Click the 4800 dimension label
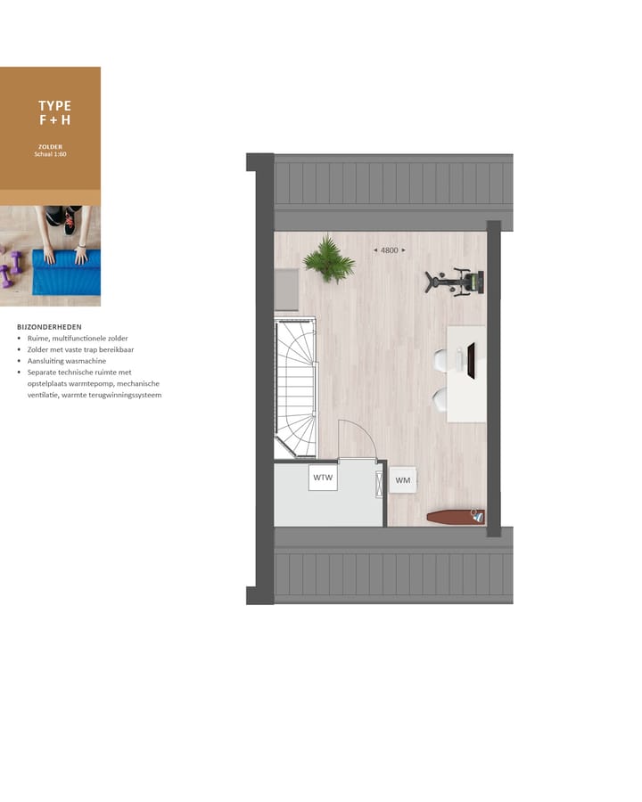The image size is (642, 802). pyautogui.click(x=389, y=250)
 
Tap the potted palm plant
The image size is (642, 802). pyautogui.click(x=328, y=258)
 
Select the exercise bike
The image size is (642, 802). pyautogui.click(x=455, y=282)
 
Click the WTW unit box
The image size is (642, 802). pyautogui.click(x=323, y=478)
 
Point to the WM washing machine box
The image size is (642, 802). pyautogui.click(x=403, y=480)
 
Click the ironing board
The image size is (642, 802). pyautogui.click(x=456, y=516)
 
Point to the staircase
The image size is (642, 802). pyautogui.click(x=296, y=389)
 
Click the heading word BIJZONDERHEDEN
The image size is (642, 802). pyautogui.click(x=49, y=327)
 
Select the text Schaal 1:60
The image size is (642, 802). pyautogui.click(x=50, y=154)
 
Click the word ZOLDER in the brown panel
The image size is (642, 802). pyautogui.click(x=50, y=146)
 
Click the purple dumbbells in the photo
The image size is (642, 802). pyautogui.click(x=11, y=268)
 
